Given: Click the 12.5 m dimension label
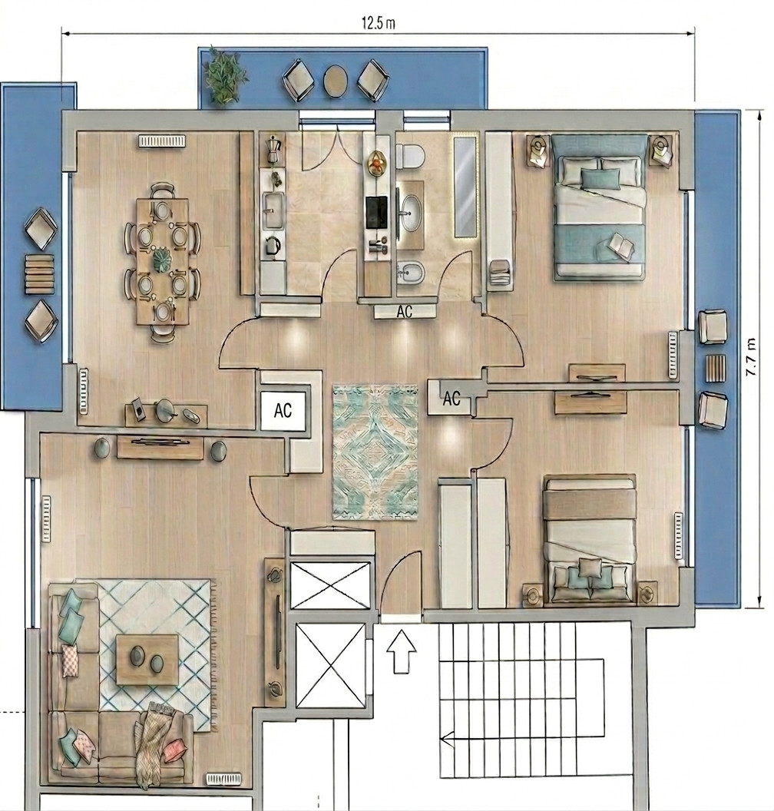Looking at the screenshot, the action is coord(379,23).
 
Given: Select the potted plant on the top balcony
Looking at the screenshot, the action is coord(224,75).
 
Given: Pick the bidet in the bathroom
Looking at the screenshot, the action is coord(411,273).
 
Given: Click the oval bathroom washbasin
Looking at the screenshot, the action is coord(412,213).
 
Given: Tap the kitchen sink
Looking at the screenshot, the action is coord(273,210).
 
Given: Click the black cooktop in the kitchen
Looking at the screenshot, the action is coord(376,213).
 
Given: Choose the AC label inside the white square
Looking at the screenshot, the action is coord(283,411).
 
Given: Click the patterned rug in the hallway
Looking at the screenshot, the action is coord(375,452).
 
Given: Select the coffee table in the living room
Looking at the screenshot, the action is coord(147,660).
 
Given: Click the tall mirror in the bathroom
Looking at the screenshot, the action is coord(465,187).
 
